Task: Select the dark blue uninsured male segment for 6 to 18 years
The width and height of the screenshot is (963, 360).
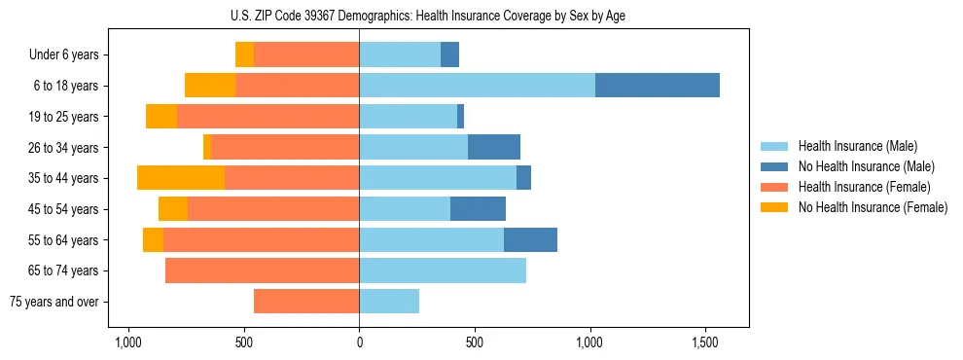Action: tap(658, 86)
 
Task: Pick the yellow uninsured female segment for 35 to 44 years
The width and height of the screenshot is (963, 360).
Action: tap(181, 178)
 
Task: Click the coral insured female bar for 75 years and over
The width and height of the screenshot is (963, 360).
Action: tap(306, 302)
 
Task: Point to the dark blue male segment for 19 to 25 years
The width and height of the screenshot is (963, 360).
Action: tap(460, 117)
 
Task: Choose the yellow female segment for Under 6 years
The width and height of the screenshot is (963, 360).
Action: tap(244, 54)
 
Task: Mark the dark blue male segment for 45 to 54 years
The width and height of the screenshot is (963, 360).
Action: tap(478, 209)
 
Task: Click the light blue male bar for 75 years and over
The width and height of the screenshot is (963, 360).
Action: tap(389, 302)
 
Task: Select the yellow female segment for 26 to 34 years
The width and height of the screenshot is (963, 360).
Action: tap(207, 147)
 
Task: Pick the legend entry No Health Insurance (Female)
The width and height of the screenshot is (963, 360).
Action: tap(872, 207)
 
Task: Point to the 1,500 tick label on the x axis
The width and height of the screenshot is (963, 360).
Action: tap(705, 343)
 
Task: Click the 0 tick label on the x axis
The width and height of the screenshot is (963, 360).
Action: tap(359, 343)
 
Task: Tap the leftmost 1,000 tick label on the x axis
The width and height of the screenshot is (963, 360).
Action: tap(128, 343)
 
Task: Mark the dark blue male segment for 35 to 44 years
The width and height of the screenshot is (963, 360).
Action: tap(523, 178)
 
